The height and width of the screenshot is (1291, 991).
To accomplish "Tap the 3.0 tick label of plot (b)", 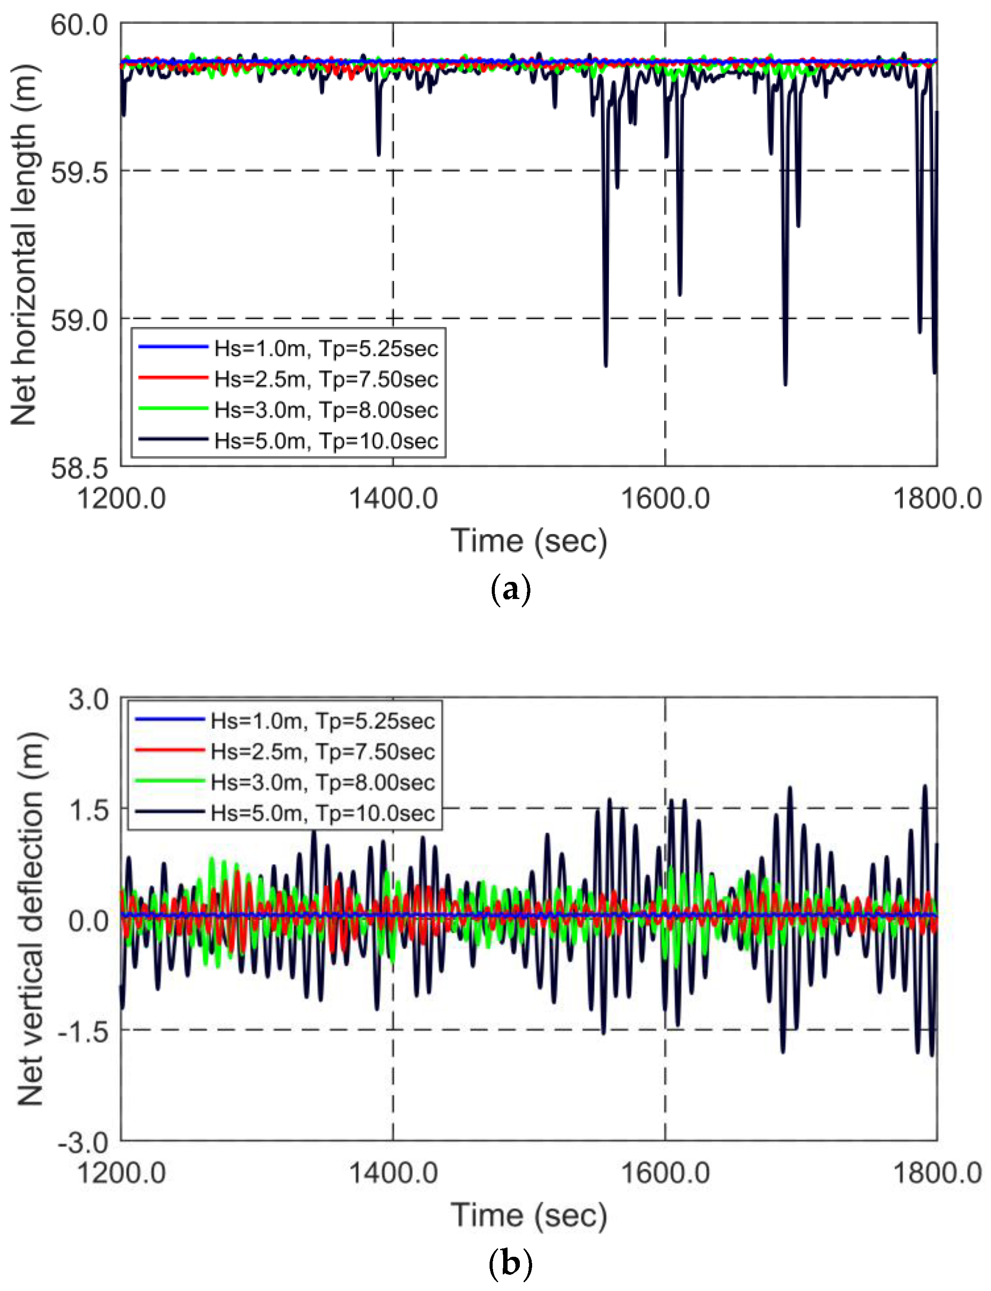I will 89,700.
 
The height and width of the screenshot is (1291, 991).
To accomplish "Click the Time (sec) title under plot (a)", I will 529,541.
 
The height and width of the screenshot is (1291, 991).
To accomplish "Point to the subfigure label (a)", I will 510,589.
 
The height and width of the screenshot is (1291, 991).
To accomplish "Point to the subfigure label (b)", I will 510,1263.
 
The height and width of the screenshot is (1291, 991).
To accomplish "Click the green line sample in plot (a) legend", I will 173,409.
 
